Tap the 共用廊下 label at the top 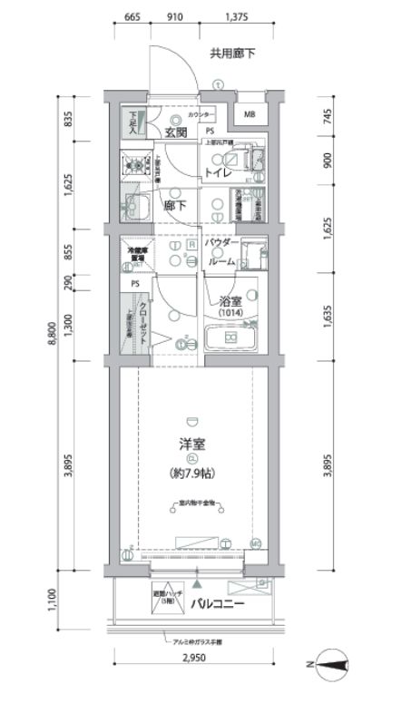pyautogui.click(x=233, y=54)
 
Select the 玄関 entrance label pyautogui.click(x=176, y=132)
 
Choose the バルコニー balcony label pyautogui.click(x=219, y=603)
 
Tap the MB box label pyautogui.click(x=250, y=115)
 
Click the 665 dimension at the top pyautogui.click(x=132, y=17)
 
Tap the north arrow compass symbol pyautogui.click(x=331, y=670)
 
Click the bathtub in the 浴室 pyautogui.click(x=230, y=340)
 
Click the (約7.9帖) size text pyautogui.click(x=191, y=474)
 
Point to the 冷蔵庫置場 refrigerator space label pyautogui.click(x=137, y=259)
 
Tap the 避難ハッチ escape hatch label pyautogui.click(x=170, y=596)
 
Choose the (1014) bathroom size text pyautogui.click(x=229, y=314)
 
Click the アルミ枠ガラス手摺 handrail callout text pyautogui.click(x=197, y=642)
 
